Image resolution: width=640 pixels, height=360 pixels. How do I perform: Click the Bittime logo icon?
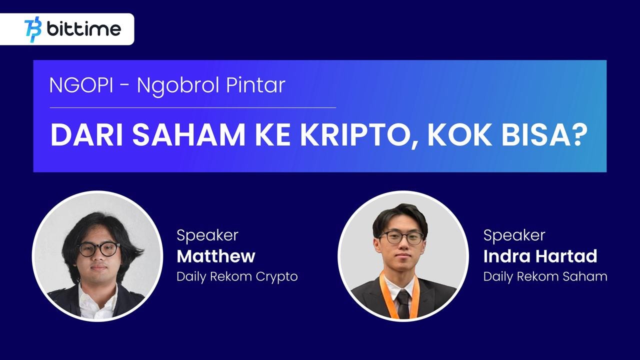(x=33, y=29)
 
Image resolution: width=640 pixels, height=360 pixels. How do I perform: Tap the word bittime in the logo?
(x=84, y=28)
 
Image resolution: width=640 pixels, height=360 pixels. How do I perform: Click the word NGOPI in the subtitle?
(x=81, y=85)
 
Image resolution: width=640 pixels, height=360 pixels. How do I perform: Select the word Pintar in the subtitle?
(x=255, y=85)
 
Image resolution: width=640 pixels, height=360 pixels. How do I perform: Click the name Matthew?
(x=216, y=256)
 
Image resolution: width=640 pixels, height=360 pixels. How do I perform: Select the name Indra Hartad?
(x=540, y=256)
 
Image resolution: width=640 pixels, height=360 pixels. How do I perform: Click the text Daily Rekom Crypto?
(x=237, y=276)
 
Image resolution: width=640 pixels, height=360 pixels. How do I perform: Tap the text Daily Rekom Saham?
(x=545, y=276)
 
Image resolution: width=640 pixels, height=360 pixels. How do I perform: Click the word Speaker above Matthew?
(x=207, y=235)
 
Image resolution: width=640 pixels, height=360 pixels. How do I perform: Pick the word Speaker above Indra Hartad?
(x=514, y=235)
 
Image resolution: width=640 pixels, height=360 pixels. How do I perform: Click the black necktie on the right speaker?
(x=403, y=304)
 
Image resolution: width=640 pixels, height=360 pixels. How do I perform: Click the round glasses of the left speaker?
(x=99, y=249)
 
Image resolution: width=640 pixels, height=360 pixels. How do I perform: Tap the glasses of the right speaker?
(x=401, y=237)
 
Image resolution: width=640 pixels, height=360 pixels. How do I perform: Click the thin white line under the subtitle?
(x=193, y=107)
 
